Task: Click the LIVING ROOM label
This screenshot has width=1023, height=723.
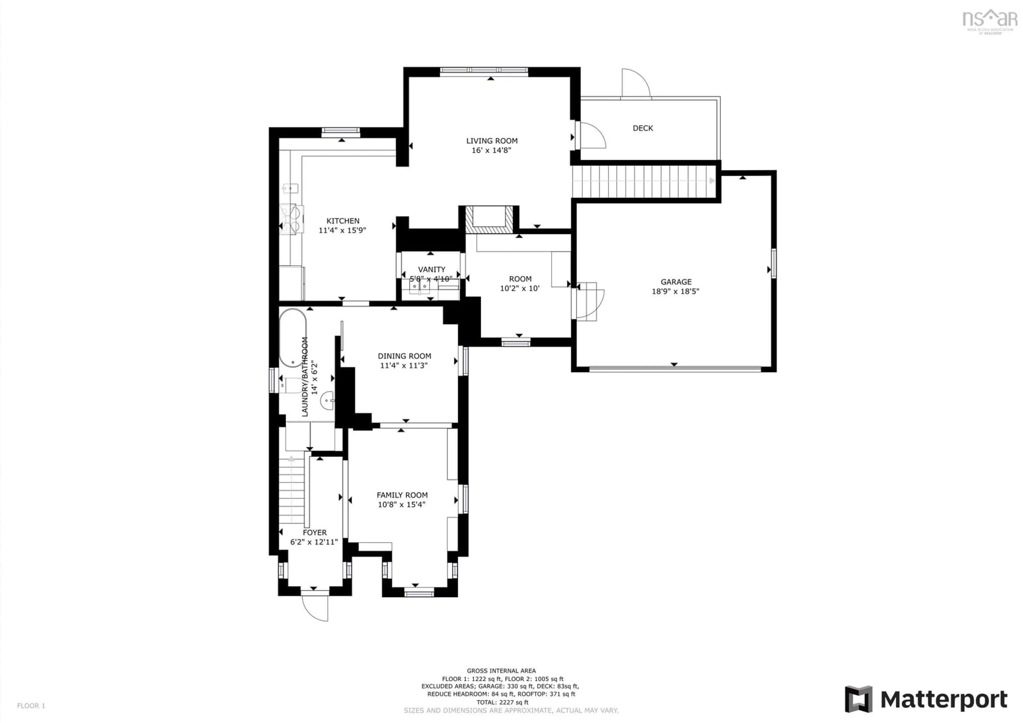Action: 492,141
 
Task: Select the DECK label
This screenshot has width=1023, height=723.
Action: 643,128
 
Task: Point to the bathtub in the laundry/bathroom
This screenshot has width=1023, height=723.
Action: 293,338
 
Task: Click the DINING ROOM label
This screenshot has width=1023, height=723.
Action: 404,356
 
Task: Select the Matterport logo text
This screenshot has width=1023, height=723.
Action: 943,700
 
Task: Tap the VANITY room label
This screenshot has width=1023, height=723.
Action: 431,270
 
